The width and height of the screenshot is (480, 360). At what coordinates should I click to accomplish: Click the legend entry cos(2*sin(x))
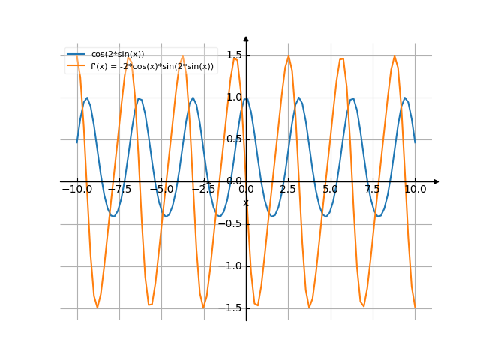pos(118,55)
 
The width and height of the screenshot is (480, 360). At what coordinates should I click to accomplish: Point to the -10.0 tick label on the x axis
pos(76,190)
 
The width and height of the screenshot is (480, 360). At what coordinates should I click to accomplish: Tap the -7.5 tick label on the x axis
pos(119,190)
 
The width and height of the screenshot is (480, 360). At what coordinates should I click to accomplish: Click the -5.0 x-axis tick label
pos(161,190)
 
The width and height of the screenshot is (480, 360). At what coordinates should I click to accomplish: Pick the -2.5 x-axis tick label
pos(203,190)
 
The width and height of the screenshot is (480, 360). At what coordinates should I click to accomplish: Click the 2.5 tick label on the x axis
pos(288,190)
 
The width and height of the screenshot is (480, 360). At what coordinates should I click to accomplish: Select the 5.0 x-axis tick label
pos(331,190)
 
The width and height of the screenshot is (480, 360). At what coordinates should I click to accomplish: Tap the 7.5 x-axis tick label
pos(373,190)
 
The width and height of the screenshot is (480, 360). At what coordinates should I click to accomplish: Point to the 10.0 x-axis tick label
pos(415,190)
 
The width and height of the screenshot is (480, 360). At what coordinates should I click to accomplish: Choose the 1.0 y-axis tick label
pos(233,97)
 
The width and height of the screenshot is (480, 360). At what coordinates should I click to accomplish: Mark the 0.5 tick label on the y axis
pos(233,139)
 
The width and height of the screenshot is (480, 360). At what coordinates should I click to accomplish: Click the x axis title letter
pos(245,203)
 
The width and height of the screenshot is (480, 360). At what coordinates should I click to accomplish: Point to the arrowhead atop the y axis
pos(246,37)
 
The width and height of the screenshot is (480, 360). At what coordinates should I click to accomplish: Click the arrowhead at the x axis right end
pos(436,181)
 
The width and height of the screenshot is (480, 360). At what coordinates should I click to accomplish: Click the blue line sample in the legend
pos(76,55)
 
